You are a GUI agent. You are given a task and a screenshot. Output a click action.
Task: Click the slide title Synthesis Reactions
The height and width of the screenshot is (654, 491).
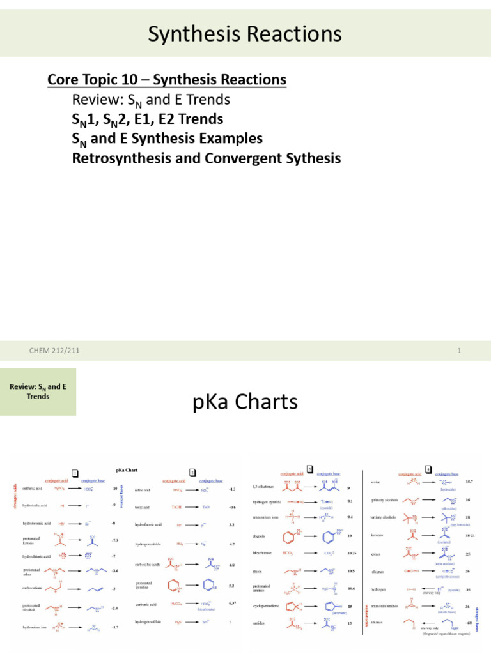point(245,34)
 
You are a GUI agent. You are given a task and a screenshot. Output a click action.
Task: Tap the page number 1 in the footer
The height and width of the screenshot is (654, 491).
point(460,351)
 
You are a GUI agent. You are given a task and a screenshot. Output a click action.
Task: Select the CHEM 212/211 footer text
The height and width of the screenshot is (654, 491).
point(55,351)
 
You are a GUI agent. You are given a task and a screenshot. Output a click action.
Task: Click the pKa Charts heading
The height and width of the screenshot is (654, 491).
point(245,402)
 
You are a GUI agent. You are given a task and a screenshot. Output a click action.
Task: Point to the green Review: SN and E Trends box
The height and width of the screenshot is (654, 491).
point(38,392)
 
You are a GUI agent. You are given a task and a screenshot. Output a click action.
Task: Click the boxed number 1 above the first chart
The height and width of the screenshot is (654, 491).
point(75,473)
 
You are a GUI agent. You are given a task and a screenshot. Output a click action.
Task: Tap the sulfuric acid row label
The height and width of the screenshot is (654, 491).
point(34,488)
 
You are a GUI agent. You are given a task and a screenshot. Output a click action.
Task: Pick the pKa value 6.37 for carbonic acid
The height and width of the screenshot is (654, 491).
point(233,603)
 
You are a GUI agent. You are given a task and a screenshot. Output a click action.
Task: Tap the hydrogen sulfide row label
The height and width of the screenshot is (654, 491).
point(148,621)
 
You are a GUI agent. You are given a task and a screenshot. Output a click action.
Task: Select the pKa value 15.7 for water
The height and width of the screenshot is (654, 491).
point(469,480)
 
